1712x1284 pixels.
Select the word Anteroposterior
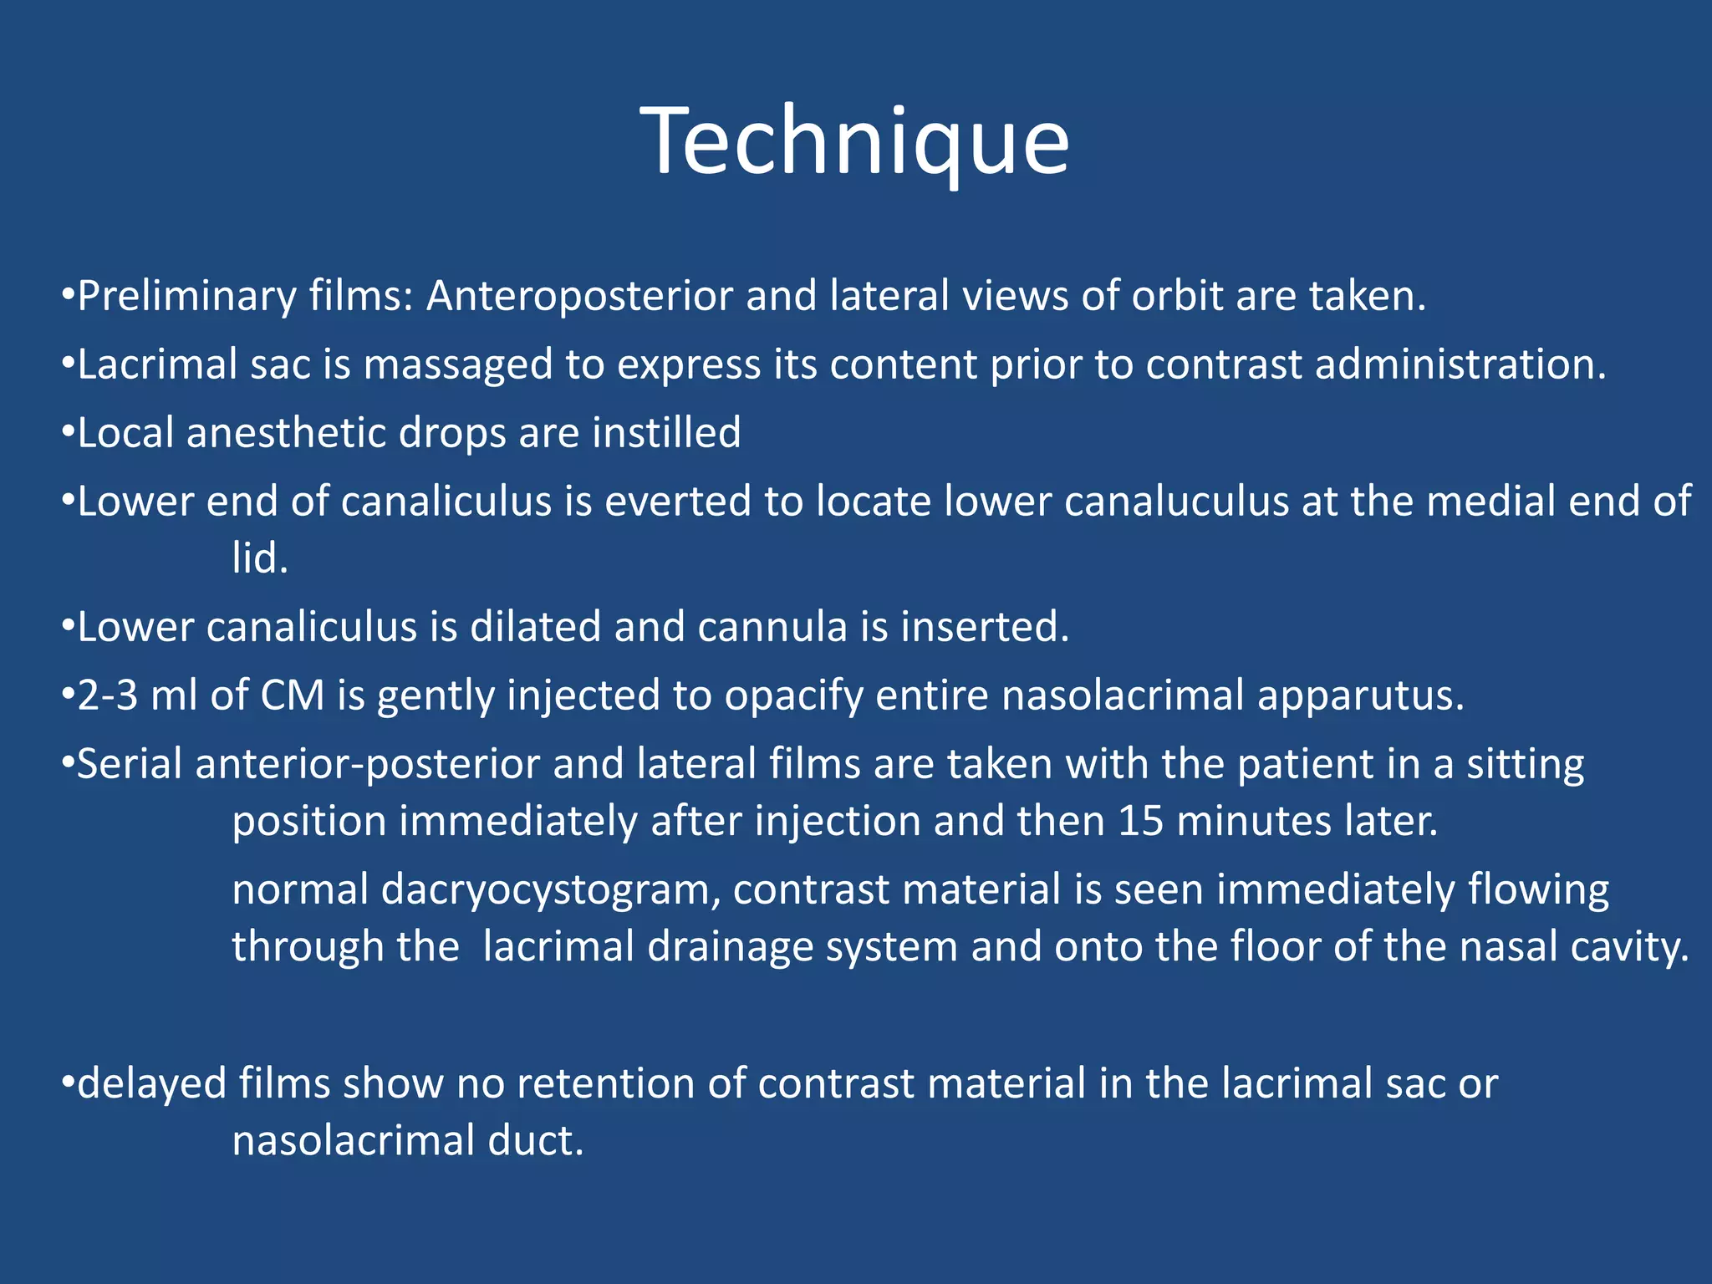pyautogui.click(x=579, y=297)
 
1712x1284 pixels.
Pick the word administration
pyautogui.click(x=1460, y=365)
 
